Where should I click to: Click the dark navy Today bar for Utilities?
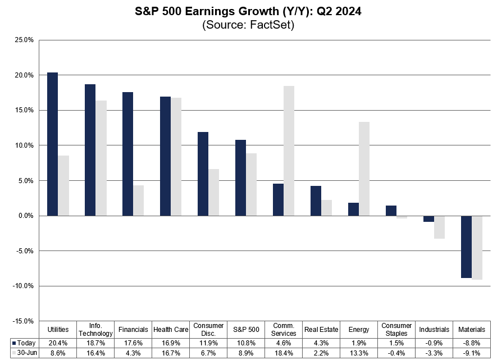coord(52,144)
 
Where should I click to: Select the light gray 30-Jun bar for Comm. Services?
coord(289,151)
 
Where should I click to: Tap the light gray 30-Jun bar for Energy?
coord(364,168)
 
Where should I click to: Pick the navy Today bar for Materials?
coord(466,247)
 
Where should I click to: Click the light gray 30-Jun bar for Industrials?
coord(439,227)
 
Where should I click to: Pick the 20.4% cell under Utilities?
coord(58,342)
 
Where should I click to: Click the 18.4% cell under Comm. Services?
coord(284,352)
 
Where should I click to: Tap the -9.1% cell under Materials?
coord(472,352)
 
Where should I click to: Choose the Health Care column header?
coord(171,329)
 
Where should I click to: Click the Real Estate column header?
coord(321,329)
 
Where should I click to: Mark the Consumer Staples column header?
coord(396,329)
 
